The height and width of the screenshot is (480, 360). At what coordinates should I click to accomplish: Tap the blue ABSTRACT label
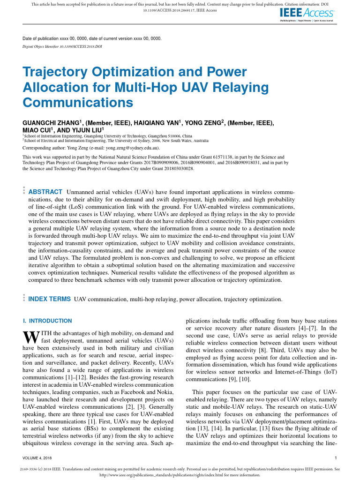click(45, 192)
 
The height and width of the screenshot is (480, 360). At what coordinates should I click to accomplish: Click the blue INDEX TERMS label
click(50, 299)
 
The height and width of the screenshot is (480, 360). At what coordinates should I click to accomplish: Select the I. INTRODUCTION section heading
click(47, 321)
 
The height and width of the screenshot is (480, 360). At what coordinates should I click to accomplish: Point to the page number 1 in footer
click(336, 457)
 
